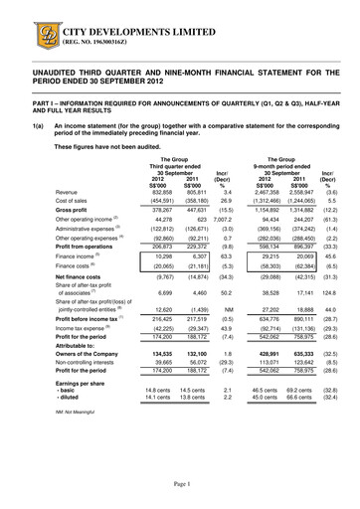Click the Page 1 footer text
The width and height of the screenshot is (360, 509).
pyautogui.click(x=179, y=483)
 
